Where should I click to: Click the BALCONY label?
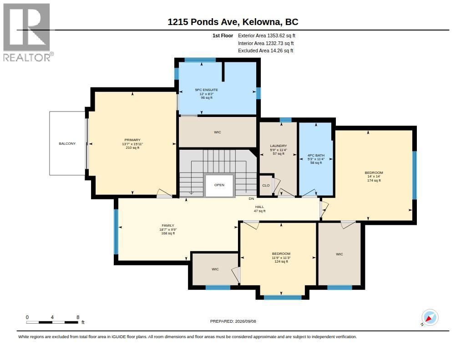pyautogui.click(x=67, y=143)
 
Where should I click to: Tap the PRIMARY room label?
pyautogui.click(x=132, y=140)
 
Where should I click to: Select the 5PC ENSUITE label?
pyautogui.click(x=207, y=90)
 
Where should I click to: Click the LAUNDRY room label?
pyautogui.click(x=279, y=146)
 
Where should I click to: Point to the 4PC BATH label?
pyautogui.click(x=316, y=156)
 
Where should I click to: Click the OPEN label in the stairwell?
pyautogui.click(x=219, y=185)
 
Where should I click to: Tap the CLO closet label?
pyautogui.click(x=266, y=186)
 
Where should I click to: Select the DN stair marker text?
pyautogui.click(x=251, y=198)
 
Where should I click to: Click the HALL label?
pyautogui.click(x=259, y=207)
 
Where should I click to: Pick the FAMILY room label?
pyautogui.click(x=168, y=226)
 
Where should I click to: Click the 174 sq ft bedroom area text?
pyautogui.click(x=374, y=180)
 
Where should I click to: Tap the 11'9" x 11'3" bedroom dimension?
pyautogui.click(x=281, y=258)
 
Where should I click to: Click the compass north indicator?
pyautogui.click(x=430, y=318)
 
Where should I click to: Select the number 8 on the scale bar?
pyautogui.click(x=78, y=317)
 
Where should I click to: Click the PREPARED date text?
pyautogui.click(x=233, y=321)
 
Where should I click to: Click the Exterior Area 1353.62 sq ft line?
pyautogui.click(x=267, y=35)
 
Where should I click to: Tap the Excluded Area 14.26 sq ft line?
pyautogui.click(x=266, y=51)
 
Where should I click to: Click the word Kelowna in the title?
pyautogui.click(x=262, y=22)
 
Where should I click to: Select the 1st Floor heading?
pyautogui.click(x=223, y=35)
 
